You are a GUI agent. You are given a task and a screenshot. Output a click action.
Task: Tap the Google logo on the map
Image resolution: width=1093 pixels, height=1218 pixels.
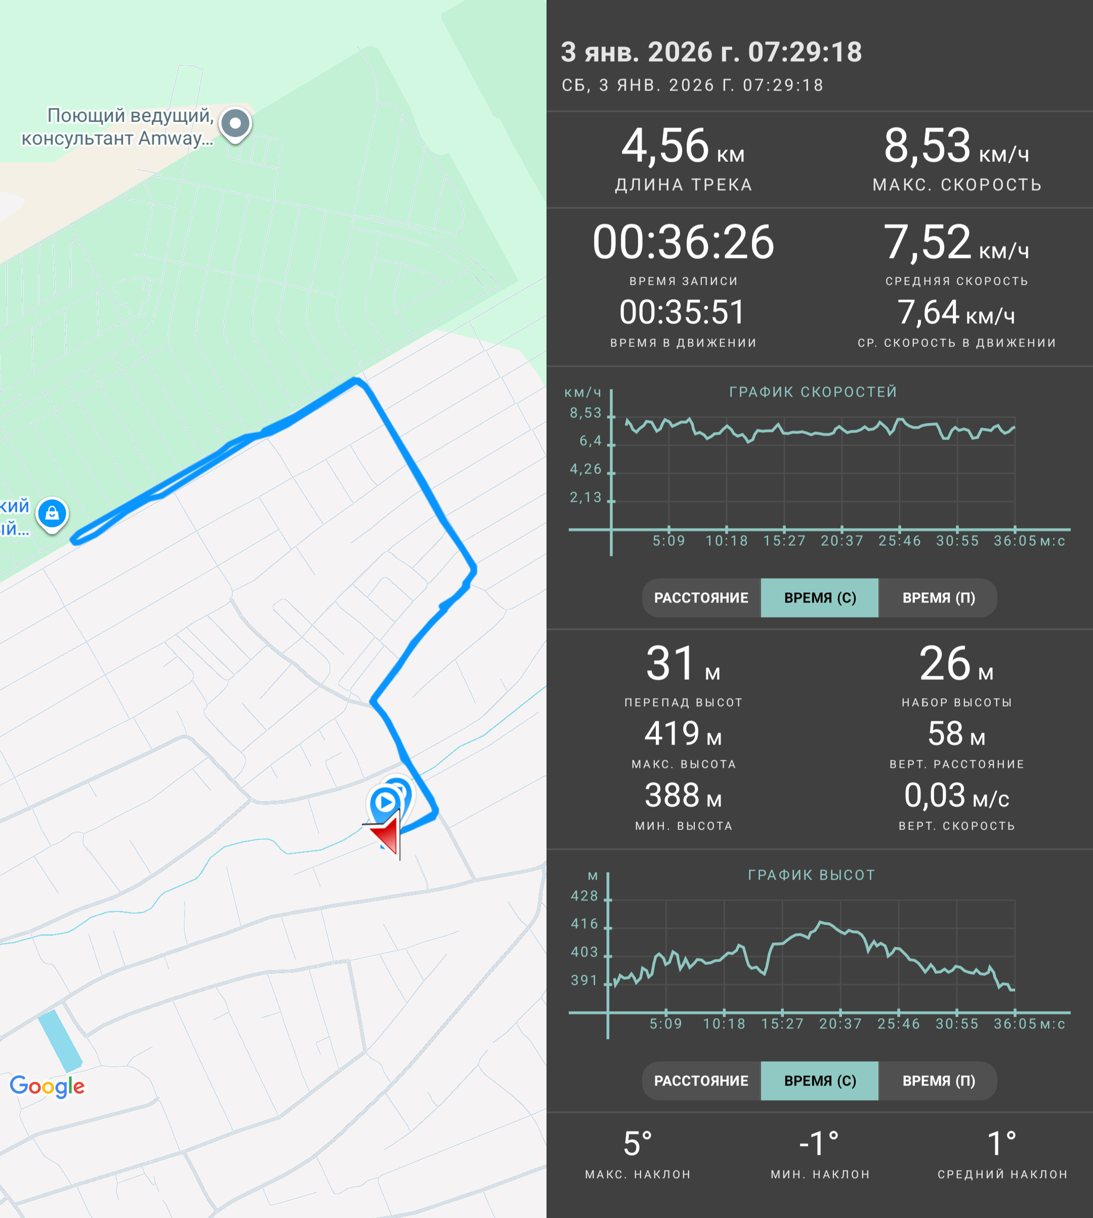[x=48, y=1085]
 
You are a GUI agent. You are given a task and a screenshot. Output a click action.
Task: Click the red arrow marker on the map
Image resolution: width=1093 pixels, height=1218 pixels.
[x=386, y=835]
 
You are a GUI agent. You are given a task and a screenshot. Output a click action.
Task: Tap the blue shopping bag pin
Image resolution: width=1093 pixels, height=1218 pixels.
[x=52, y=515]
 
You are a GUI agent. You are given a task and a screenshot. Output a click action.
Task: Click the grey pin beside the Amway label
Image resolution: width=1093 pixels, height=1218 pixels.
[x=235, y=125]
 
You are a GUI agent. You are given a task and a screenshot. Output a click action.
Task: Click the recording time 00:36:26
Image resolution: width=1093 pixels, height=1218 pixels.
[x=684, y=242]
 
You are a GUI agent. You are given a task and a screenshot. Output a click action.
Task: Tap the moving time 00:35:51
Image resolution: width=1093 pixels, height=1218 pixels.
[x=682, y=312]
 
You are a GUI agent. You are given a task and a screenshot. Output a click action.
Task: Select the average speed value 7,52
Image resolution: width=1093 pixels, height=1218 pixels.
[x=927, y=242]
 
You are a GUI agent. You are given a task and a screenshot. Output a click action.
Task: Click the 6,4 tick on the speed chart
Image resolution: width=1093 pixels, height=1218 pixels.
[x=590, y=441]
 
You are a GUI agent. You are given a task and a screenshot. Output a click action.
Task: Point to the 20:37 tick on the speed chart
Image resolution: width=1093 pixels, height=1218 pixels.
[x=842, y=541]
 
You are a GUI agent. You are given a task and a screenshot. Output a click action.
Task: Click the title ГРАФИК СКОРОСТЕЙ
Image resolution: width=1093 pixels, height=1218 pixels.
[x=813, y=392]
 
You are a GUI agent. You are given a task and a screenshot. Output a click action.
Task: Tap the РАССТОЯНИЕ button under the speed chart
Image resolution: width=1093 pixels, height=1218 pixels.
[x=701, y=598]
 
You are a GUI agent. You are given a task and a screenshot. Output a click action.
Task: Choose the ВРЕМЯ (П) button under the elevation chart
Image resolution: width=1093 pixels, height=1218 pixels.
[x=938, y=1081]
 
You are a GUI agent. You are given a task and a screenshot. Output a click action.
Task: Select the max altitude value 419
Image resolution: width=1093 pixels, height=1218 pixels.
[x=672, y=733]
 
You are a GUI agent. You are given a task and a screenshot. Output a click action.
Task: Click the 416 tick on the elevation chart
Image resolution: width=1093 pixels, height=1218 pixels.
[x=584, y=924]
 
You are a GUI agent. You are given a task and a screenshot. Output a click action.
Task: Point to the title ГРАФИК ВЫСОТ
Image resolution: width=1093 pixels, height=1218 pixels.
[x=811, y=875]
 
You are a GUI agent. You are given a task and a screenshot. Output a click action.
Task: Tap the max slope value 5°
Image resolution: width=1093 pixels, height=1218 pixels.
[x=638, y=1144]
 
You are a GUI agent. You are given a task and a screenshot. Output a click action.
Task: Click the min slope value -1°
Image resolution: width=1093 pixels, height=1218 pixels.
[x=819, y=1144]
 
